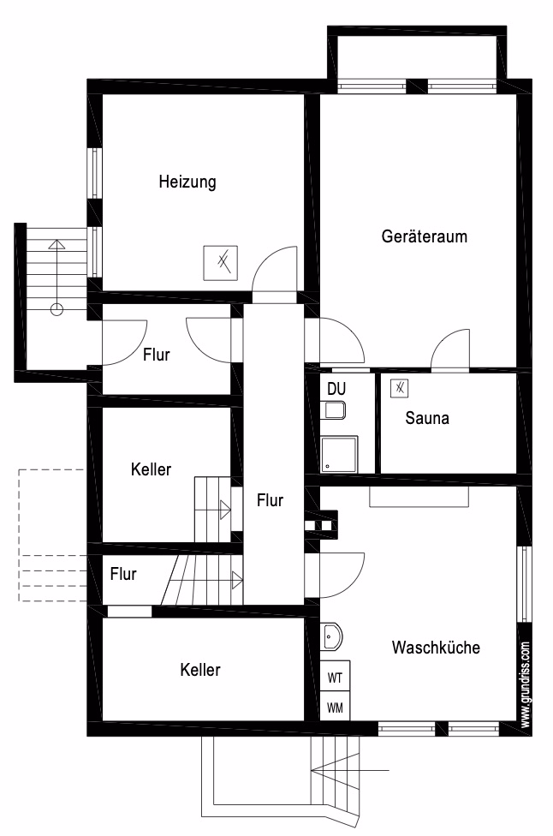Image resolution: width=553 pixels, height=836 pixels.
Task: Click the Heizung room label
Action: [187, 182]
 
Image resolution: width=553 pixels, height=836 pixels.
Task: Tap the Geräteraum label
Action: [425, 236]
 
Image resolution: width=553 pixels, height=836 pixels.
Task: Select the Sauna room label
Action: [427, 418]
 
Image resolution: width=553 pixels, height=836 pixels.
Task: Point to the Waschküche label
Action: [437, 648]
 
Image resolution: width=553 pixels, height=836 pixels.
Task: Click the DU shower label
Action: [336, 389]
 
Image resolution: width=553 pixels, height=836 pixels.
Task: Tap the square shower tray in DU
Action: [339, 454]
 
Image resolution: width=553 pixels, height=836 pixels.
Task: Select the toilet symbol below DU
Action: [334, 410]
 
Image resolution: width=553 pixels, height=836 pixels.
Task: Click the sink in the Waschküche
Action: [330, 636]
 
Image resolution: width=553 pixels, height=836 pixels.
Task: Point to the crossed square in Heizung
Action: [221, 263]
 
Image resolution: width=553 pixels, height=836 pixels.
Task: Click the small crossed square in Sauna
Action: [399, 388]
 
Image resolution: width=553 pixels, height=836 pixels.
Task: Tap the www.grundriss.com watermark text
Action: [526, 684]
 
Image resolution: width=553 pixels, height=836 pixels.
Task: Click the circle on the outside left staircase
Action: [56, 309]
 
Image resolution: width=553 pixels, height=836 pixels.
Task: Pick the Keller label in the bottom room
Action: [200, 670]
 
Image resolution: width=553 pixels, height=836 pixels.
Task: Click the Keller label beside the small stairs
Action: [152, 469]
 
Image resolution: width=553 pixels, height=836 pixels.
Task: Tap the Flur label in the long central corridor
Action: [271, 500]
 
